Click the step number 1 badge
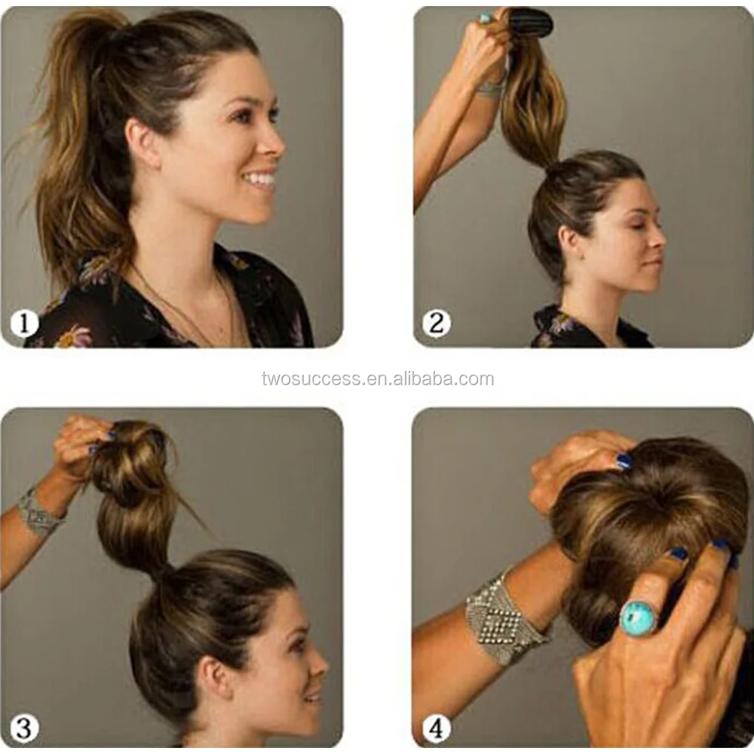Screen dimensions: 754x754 24,323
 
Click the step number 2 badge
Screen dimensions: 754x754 437,323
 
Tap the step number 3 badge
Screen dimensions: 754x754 24,728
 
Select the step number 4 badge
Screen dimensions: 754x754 436,728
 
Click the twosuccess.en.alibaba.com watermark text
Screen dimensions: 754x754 378,379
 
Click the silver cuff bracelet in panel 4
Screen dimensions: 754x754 505,621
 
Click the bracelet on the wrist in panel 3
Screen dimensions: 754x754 38,512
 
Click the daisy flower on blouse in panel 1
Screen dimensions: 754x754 73,336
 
